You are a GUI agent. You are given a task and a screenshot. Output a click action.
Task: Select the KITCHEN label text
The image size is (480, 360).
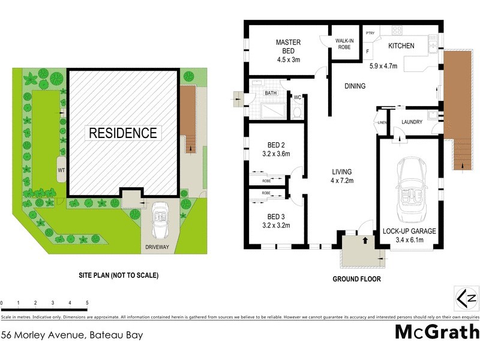pyautogui.click(x=401, y=46)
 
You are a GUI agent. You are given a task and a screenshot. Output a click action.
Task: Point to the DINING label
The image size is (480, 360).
pyautogui.click(x=355, y=86)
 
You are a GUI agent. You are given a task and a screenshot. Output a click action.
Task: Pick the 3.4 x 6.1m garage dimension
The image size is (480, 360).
pyautogui.click(x=403, y=241)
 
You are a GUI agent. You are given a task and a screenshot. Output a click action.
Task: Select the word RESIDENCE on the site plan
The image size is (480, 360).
pyautogui.click(x=123, y=133)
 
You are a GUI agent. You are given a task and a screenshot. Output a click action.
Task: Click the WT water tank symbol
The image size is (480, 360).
pyautogui.click(x=61, y=170)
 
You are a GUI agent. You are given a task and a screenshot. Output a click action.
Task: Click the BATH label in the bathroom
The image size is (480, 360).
pyautogui.click(x=270, y=94)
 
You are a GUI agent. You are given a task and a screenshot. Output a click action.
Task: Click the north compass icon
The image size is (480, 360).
pyautogui.click(x=466, y=298)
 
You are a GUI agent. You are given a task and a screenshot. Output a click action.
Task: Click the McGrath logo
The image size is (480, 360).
pyautogui.click(x=437, y=332)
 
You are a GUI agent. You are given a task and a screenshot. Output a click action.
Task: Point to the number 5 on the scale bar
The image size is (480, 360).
pyautogui.click(x=88, y=304)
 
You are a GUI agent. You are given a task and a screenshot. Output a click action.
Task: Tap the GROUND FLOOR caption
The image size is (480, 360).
pyautogui.click(x=356, y=279)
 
